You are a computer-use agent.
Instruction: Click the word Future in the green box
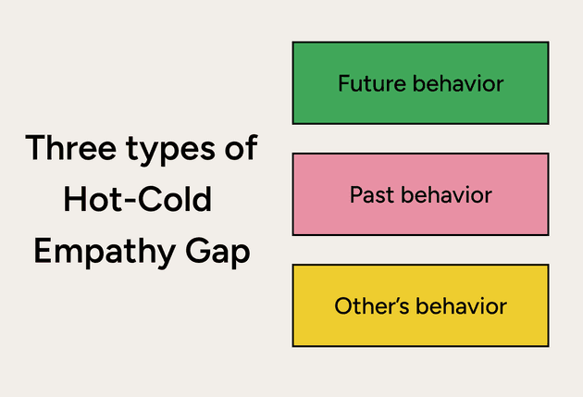(x=367, y=83)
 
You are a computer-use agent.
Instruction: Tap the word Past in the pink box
(x=370, y=195)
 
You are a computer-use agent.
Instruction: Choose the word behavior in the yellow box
(x=461, y=306)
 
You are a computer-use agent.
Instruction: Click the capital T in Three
(x=36, y=148)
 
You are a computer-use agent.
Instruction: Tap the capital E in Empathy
(x=43, y=252)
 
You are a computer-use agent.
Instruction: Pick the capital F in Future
(x=343, y=83)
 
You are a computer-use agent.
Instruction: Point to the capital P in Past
(x=355, y=195)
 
